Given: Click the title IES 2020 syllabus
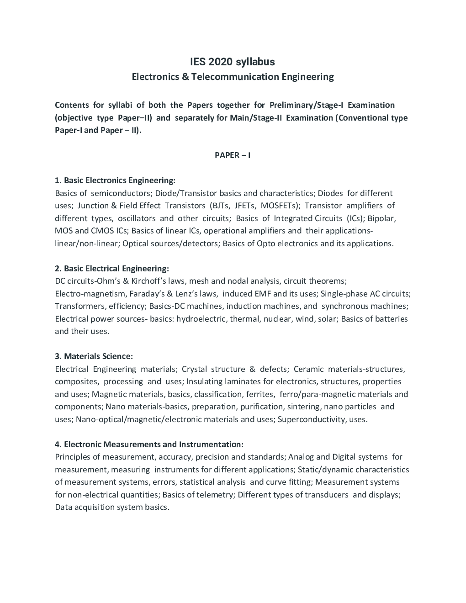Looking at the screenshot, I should coord(233,62).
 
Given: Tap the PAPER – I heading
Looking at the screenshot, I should coord(233,155).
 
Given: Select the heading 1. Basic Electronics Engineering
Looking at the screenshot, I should coord(115,180).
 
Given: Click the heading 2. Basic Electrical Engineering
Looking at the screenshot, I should coord(112,269).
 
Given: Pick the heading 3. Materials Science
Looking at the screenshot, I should coord(94,356).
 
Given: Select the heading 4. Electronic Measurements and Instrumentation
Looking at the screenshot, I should coord(149,444).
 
